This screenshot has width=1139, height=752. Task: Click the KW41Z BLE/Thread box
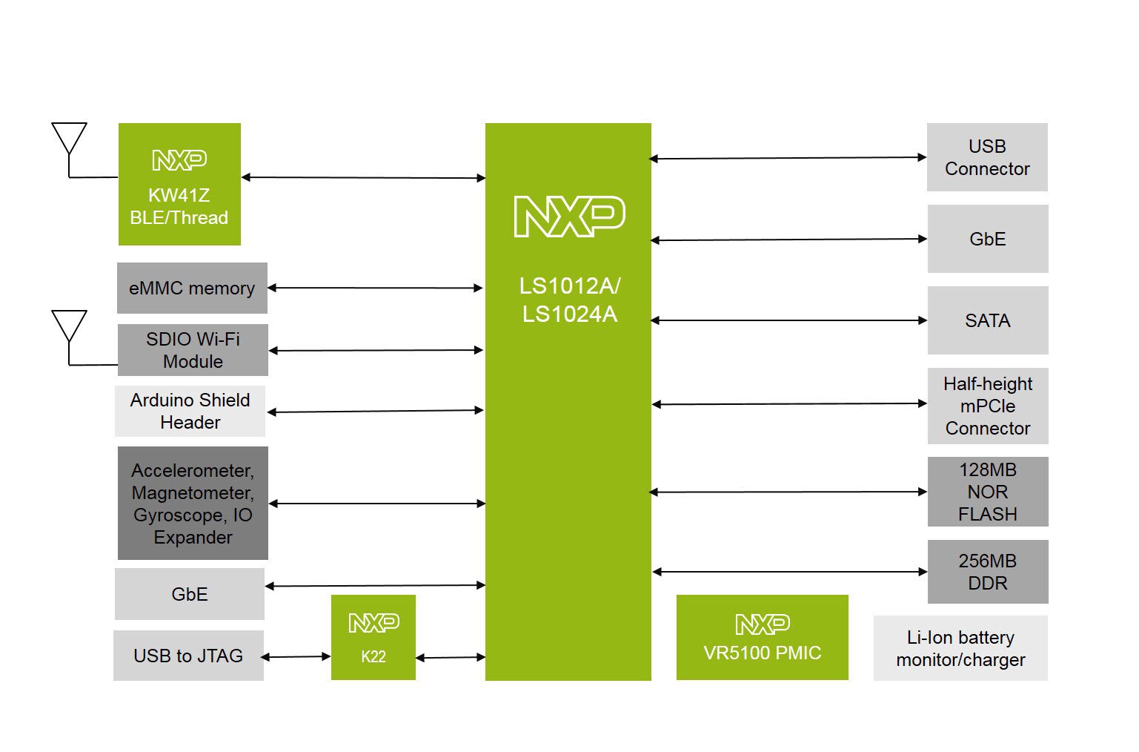(179, 184)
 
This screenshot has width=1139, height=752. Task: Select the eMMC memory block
(192, 288)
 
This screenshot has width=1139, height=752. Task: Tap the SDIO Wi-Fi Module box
(193, 350)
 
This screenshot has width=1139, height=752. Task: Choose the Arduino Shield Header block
(190, 411)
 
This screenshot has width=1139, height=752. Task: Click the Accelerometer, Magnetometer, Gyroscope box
(193, 503)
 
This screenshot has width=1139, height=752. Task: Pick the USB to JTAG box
(188, 656)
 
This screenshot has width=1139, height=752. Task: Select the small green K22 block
(373, 637)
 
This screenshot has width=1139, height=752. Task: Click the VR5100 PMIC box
(762, 637)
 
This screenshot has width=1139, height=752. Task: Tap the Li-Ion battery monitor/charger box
(960, 648)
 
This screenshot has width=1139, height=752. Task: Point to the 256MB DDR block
(988, 572)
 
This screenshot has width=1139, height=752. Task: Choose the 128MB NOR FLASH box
(988, 492)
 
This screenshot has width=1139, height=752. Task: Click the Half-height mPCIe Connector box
(988, 406)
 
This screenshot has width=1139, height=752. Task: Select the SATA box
(988, 320)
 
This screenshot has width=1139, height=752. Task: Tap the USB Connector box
(987, 157)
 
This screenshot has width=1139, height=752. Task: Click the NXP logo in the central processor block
(569, 217)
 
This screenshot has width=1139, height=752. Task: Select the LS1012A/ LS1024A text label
(569, 300)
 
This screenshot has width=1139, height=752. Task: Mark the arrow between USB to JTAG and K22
(296, 656)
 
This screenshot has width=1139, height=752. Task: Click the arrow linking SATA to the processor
(788, 320)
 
